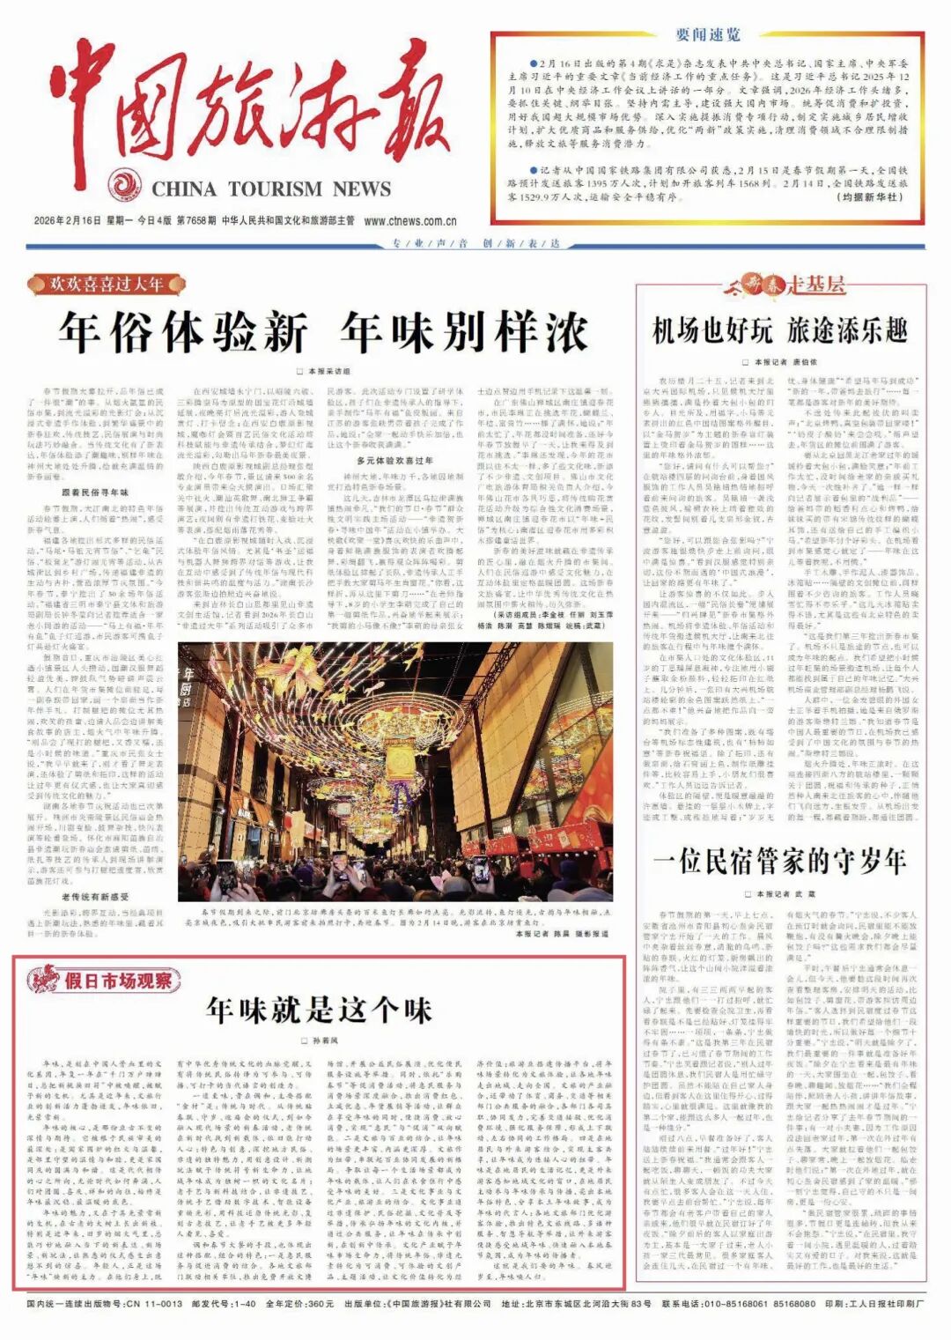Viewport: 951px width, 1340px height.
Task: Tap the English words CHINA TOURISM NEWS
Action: coord(271,189)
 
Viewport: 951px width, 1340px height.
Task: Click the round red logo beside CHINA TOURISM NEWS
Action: coord(125,186)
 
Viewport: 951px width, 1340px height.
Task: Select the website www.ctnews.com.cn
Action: coord(410,221)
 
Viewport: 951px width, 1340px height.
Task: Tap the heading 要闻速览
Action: coord(708,35)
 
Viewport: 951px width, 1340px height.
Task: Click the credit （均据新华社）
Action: coord(869,197)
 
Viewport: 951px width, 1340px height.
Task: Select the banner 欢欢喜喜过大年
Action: coord(107,285)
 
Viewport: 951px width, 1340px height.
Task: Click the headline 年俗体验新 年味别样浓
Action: coord(323,333)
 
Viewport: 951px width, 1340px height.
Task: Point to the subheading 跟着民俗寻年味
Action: coord(94,492)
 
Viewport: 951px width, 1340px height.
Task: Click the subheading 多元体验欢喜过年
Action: coord(394,460)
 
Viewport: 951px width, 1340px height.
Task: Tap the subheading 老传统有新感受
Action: coord(94,897)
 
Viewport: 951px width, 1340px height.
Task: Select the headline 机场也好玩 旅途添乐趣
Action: coord(779,331)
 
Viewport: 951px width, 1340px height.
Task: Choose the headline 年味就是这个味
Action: coord(319,1010)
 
